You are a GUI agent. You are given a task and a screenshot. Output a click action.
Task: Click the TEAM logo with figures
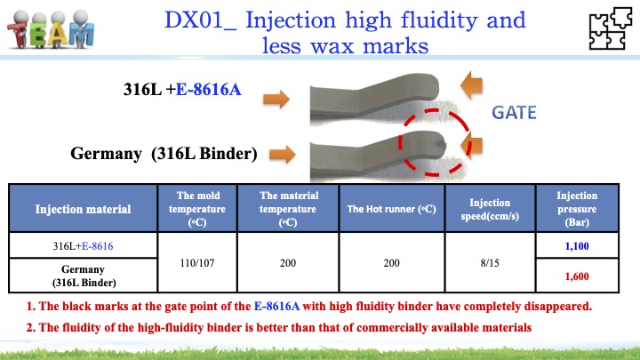tap(51, 28)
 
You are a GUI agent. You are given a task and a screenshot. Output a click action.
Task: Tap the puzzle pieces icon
tap(610, 28)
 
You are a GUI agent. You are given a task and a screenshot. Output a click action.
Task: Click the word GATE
tap(514, 113)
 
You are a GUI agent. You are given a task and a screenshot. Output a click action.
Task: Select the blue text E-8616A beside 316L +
tap(208, 90)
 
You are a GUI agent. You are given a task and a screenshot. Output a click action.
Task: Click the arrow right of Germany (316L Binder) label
tap(283, 155)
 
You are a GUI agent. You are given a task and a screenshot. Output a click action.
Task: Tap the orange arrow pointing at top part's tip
tap(471, 85)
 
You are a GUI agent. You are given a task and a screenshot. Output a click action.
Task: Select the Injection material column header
tap(83, 209)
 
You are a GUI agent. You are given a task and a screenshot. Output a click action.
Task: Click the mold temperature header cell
tap(197, 209)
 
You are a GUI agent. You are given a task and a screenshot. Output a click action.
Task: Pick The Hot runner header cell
tap(391, 209)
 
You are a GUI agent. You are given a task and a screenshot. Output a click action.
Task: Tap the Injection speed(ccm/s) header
tap(490, 209)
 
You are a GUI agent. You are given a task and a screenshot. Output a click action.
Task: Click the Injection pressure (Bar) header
tap(577, 209)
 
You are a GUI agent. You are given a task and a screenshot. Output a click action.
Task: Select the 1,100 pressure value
tap(577, 246)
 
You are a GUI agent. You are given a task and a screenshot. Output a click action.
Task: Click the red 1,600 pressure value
tap(577, 276)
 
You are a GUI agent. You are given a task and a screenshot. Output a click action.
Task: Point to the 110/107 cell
tap(197, 263)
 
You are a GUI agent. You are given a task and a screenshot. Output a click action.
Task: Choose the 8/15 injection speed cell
tap(490, 263)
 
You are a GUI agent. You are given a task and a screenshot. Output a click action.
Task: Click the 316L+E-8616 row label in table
tap(83, 246)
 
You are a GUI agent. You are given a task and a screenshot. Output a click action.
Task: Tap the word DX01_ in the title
tap(200, 20)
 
